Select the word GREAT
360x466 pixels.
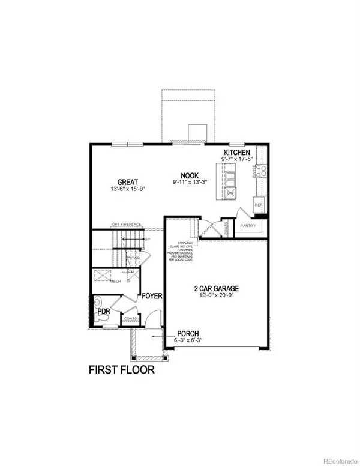pyautogui.click(x=128, y=182)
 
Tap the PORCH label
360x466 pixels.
pyautogui.click(x=188, y=334)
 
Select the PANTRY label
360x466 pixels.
pyautogui.click(x=248, y=226)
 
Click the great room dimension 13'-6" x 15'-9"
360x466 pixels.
pyautogui.click(x=128, y=190)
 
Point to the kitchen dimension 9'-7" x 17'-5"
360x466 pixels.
pyautogui.click(x=238, y=160)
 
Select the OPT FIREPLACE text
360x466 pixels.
pyautogui.click(x=127, y=225)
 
